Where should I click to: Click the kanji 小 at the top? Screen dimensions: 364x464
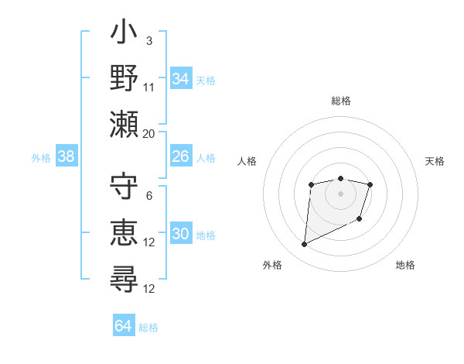124,35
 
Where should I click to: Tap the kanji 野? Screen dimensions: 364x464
124,78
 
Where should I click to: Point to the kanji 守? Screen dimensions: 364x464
124,188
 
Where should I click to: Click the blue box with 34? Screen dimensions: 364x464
181,79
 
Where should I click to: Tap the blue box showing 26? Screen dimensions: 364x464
181,157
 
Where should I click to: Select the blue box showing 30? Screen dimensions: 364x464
181,235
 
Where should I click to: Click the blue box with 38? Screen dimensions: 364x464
67,157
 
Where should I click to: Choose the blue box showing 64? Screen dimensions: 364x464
124,326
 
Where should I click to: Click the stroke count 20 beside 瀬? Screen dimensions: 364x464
149,133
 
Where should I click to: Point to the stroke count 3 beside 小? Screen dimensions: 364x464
149,40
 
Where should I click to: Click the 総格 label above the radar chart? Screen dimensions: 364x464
340,101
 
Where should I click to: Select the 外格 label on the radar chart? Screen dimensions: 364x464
272,265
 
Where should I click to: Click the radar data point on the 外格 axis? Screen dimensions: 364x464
304,245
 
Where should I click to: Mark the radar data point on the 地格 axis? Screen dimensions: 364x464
360,220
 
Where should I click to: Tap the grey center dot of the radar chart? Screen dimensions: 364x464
340,193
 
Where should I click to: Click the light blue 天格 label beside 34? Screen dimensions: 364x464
206,81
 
